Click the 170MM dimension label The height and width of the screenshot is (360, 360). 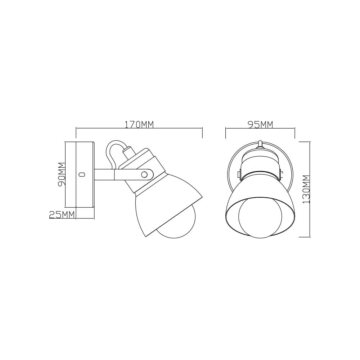pos(139,124)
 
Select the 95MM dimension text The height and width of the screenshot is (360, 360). pos(261,124)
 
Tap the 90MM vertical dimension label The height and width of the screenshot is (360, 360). pos(62,174)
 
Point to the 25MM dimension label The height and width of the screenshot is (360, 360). pos(62,215)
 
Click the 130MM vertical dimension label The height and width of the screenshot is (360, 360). pos(306,189)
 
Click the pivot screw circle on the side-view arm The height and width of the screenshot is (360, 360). pos(144,175)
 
